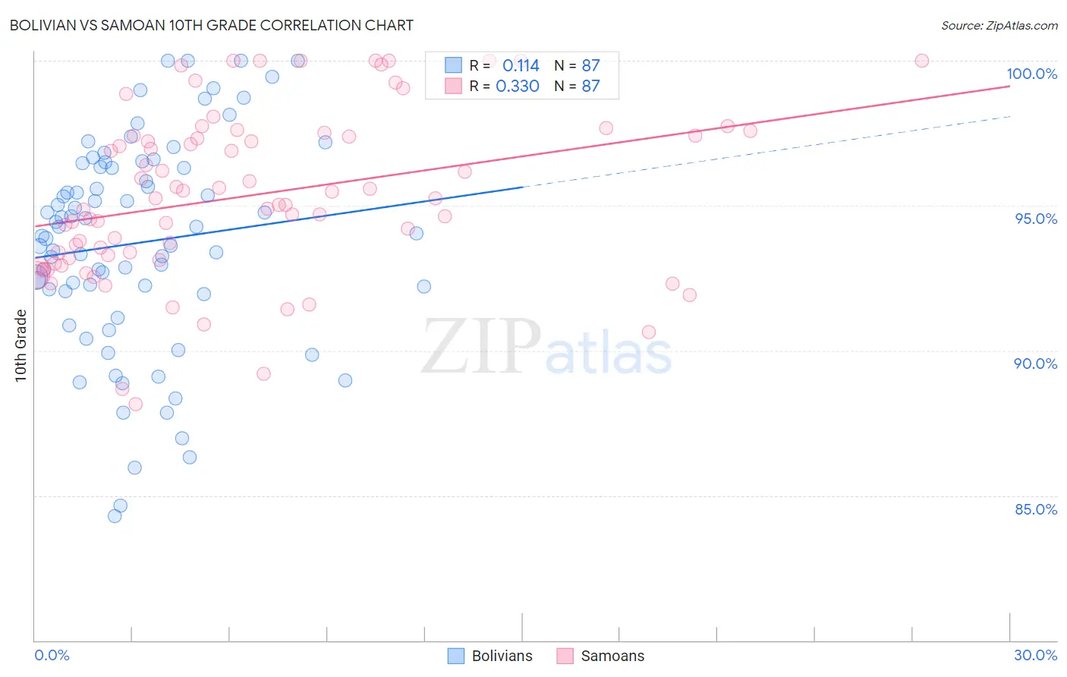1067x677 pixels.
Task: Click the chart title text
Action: tap(212, 25)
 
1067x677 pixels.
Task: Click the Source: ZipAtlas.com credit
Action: tap(999, 25)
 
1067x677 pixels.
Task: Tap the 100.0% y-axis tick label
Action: tap(1031, 74)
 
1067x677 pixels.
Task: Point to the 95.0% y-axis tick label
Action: tap(1036, 219)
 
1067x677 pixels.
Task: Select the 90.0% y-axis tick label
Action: tap(1035, 364)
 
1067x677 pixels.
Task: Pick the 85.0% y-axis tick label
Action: tap(1036, 509)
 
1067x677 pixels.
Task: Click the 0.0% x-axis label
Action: tap(52, 655)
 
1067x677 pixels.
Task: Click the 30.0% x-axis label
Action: tap(1035, 655)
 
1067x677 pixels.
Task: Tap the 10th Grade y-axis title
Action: tap(20, 346)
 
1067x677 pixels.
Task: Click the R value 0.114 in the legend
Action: tap(521, 65)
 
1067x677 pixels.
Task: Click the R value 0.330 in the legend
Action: tap(518, 86)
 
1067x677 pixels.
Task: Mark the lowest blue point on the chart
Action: tap(115, 516)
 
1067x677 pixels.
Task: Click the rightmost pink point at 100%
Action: tap(921, 61)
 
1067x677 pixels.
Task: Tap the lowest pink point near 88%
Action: tap(135, 404)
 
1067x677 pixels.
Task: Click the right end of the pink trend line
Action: tap(1009, 86)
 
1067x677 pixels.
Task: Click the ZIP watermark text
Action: tap(481, 345)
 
